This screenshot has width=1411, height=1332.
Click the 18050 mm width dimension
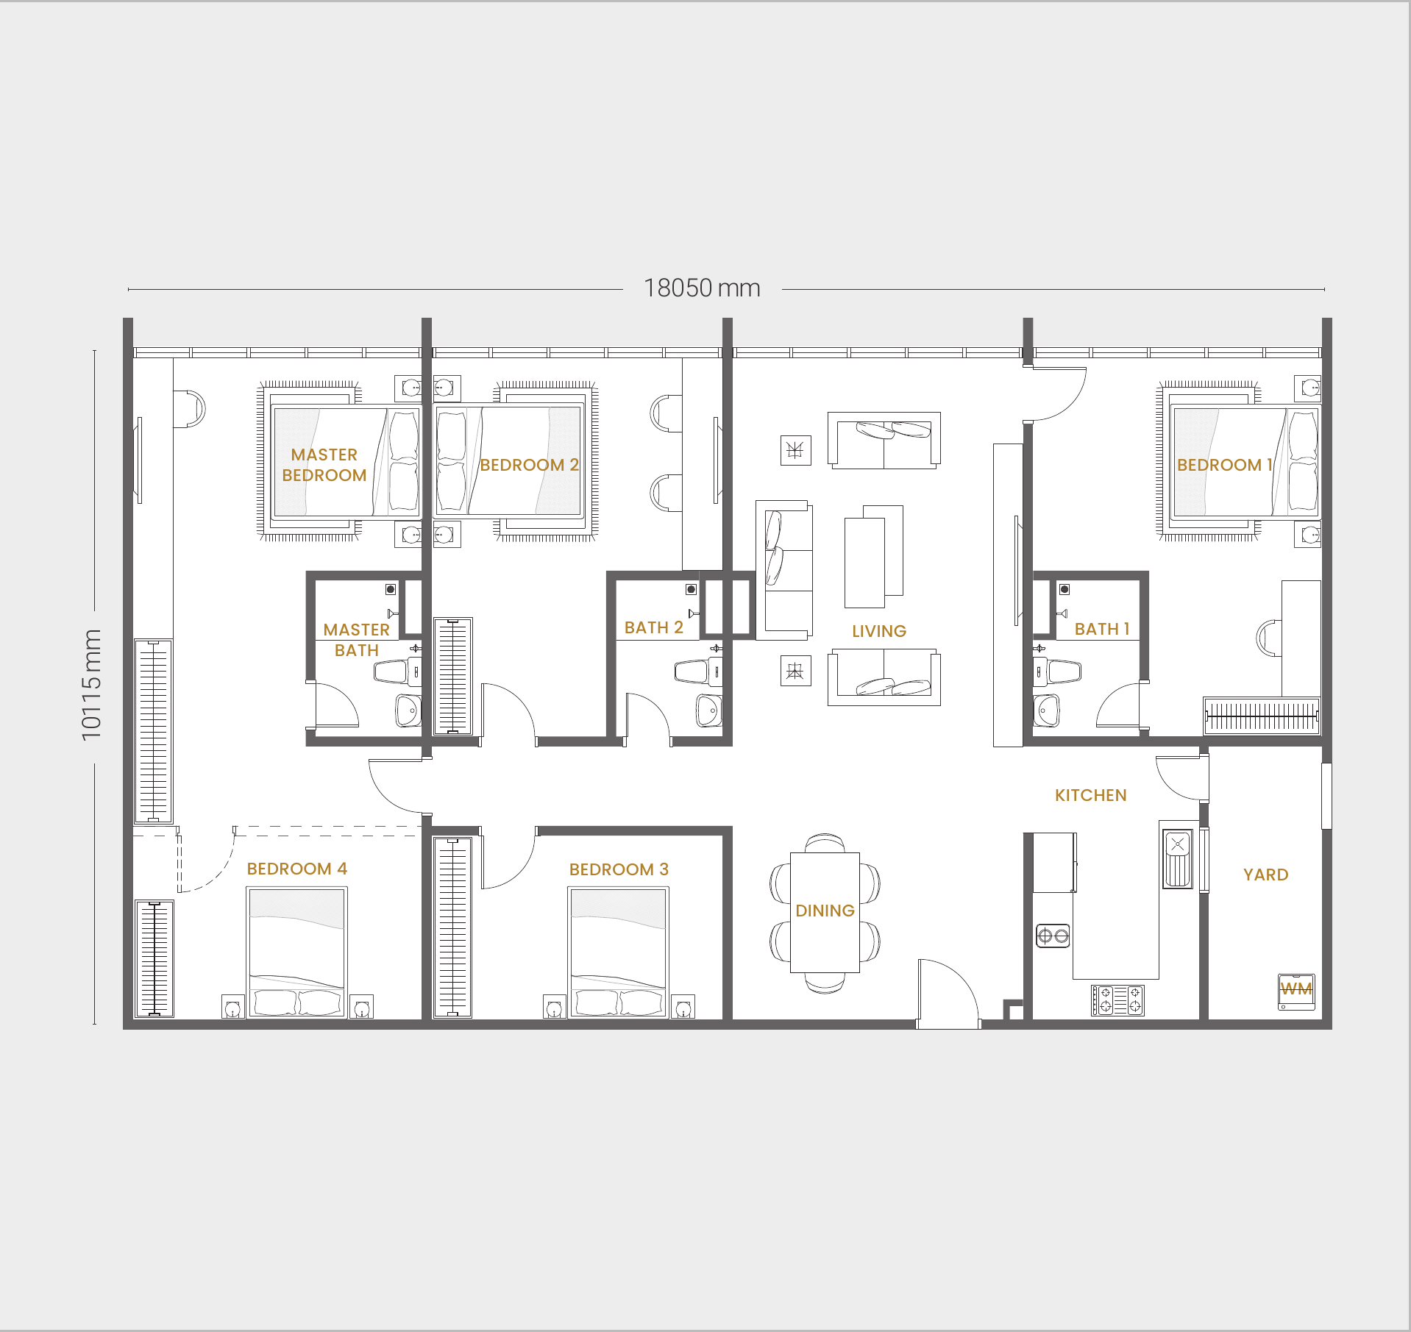pos(702,288)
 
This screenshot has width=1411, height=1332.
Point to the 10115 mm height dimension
pos(91,685)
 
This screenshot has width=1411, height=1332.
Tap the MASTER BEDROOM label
pos(324,465)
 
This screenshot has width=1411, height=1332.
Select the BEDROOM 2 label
pos(529,465)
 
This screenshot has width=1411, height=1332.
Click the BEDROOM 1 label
pos(1225,465)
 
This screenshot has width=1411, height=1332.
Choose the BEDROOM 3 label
pos(619,869)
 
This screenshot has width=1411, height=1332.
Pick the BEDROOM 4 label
pos(297,869)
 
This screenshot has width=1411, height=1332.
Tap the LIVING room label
pos(879,631)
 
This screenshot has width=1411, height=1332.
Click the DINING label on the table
pos(825,911)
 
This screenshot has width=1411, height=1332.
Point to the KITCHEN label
pos(1091,795)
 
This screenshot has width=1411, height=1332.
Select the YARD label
pos(1266,875)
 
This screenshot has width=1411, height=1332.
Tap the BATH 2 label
pos(654,627)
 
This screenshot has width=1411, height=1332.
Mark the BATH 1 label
pos(1102,629)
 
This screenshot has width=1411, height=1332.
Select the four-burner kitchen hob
pos(1117,1000)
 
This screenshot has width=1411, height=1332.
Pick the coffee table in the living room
pos(873,557)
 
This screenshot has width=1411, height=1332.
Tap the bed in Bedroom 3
pos(618,952)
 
